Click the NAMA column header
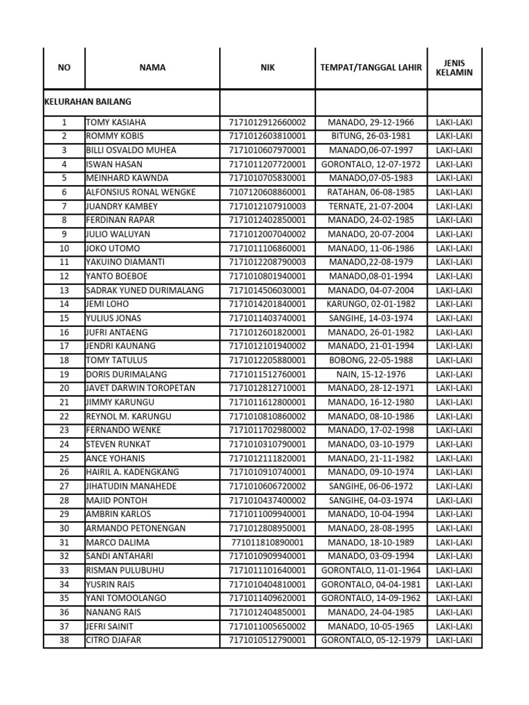pos(152,67)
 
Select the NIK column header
pos(267,67)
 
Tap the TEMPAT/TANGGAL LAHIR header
pos(371,67)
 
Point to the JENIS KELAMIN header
pos(455,67)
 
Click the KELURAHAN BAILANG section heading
pos(87,101)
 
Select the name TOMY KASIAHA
pos(116,122)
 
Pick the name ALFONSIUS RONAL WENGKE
pos(141,192)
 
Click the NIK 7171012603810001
pos(267,136)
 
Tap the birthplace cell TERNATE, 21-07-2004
pos(371,206)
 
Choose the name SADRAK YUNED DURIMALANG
pos(145,290)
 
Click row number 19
pos(64,374)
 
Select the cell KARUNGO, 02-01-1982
pos(371,304)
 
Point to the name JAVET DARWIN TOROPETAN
pos(141,388)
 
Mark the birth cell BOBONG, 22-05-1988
pos(371,360)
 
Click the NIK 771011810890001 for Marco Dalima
pos(267,542)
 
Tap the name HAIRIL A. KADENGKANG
pos(132,472)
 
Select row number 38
pos(64,640)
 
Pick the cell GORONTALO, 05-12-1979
pos(371,640)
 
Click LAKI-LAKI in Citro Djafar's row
pos(455,640)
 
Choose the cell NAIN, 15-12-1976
pos(371,374)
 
